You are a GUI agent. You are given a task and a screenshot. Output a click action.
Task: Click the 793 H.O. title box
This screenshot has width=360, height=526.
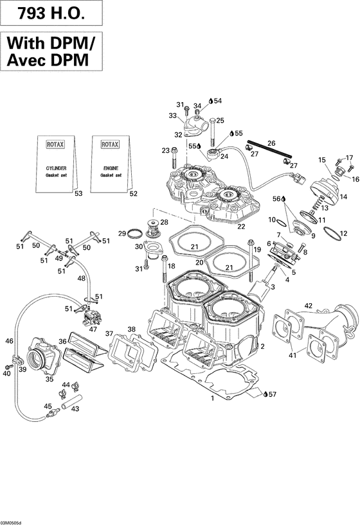pos(51,13)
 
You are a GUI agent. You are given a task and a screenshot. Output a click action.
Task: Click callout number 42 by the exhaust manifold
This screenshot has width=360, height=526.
pos(309,306)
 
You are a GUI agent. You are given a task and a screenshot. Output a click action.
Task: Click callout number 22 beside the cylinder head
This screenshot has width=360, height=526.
pos(242,226)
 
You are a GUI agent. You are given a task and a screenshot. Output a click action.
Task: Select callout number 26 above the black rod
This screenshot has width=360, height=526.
pos(271,143)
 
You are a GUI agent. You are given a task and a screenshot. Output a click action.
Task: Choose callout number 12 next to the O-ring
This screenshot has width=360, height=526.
pos(343,233)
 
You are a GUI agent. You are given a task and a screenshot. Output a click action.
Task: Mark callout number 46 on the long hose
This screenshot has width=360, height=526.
pos(10,341)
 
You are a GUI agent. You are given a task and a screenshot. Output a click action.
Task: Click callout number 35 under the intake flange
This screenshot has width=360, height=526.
pos(49,380)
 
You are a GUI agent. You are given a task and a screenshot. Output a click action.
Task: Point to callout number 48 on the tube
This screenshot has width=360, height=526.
pos(81,278)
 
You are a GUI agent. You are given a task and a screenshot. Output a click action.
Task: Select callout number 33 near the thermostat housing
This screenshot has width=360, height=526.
pos(172,116)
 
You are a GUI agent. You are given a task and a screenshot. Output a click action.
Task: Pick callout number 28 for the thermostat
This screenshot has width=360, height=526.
pos(165,222)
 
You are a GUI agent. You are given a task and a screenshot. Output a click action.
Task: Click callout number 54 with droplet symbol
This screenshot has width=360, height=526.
pos(217,101)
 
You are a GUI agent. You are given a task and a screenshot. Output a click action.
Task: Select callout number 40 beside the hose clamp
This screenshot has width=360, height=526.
pos(7,373)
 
